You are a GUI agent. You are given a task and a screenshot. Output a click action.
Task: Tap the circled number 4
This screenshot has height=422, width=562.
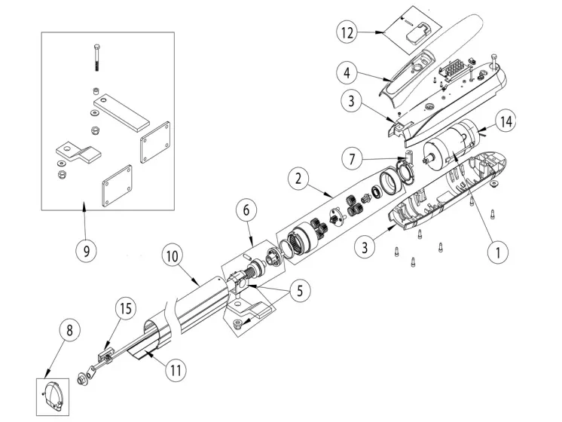click(x=347, y=74)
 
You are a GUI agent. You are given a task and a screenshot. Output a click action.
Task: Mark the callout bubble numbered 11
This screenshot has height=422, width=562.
click(x=175, y=370)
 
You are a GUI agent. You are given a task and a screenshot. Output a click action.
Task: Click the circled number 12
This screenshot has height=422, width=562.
click(x=347, y=34)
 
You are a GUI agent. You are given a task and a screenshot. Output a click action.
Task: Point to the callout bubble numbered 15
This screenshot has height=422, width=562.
click(x=125, y=307)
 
